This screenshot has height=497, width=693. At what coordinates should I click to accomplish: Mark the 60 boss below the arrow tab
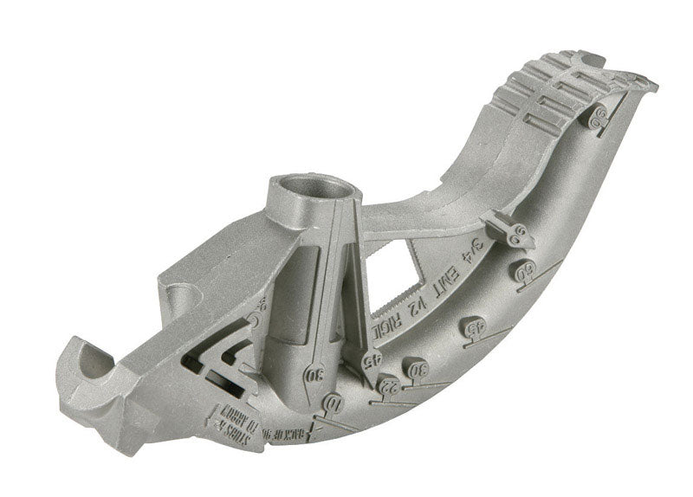point(521,269)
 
